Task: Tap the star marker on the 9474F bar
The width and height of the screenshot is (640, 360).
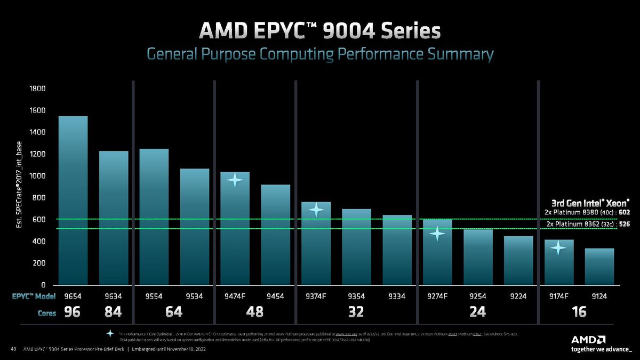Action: pyautogui.click(x=235, y=180)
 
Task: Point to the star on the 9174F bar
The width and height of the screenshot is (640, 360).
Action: pyautogui.click(x=558, y=247)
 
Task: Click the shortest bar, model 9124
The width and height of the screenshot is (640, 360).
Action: pyautogui.click(x=599, y=266)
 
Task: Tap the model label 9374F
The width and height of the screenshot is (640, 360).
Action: pyautogui.click(x=316, y=297)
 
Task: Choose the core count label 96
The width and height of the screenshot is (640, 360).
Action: pyautogui.click(x=73, y=313)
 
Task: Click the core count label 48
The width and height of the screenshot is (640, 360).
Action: pyautogui.click(x=255, y=313)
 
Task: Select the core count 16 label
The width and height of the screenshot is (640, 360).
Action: pyautogui.click(x=579, y=313)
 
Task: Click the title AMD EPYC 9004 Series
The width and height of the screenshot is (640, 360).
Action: pyautogui.click(x=320, y=31)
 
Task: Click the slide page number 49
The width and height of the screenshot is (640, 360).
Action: pyautogui.click(x=13, y=349)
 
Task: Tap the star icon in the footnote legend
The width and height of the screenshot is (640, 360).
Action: pyautogui.click(x=110, y=333)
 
